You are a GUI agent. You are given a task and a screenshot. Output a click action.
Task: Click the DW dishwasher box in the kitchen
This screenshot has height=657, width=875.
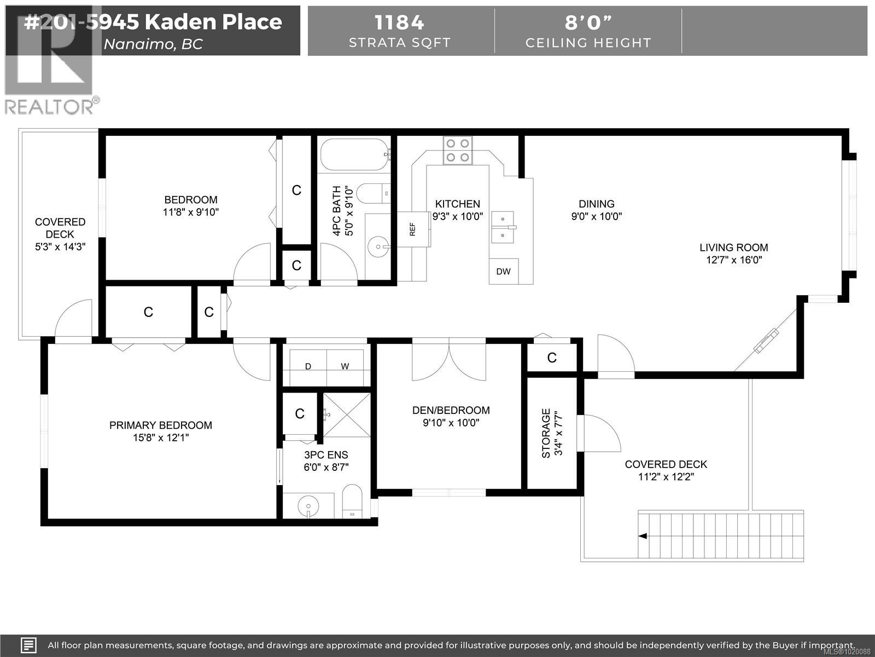503,271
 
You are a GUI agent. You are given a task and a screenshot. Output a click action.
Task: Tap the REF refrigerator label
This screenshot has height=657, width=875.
413,229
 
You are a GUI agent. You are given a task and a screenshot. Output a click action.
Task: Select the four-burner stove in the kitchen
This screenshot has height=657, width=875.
458,151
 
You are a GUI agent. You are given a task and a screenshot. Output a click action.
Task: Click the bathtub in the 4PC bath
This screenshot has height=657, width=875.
354,155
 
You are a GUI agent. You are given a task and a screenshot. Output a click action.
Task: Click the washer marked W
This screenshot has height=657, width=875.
345,367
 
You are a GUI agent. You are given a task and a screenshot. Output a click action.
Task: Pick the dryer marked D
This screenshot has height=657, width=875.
308,367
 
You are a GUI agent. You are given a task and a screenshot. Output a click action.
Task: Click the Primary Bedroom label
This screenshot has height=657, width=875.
161,425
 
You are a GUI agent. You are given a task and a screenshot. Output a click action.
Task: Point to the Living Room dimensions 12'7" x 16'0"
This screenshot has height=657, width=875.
734,260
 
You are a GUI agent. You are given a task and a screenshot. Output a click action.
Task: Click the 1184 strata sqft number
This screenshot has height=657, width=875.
399,23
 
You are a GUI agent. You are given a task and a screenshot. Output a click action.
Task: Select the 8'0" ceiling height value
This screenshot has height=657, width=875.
588,23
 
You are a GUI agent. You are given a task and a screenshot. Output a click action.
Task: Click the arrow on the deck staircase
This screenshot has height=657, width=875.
643,536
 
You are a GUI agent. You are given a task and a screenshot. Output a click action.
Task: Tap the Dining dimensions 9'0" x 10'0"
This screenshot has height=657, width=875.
597,216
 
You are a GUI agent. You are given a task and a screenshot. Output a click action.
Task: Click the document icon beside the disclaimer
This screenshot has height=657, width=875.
28,645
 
